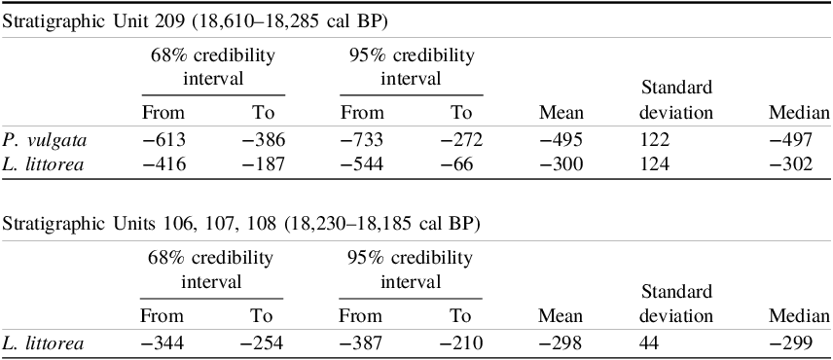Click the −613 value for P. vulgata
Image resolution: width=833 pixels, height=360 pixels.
click(163, 139)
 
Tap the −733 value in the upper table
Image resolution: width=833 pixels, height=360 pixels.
click(360, 139)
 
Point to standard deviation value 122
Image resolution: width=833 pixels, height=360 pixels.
click(654, 139)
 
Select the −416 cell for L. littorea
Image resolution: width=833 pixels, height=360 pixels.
click(163, 164)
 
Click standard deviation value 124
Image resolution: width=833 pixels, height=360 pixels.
click(654, 164)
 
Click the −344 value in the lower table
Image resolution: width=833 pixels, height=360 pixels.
click(163, 342)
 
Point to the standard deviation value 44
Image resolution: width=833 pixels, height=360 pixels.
click(650, 342)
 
